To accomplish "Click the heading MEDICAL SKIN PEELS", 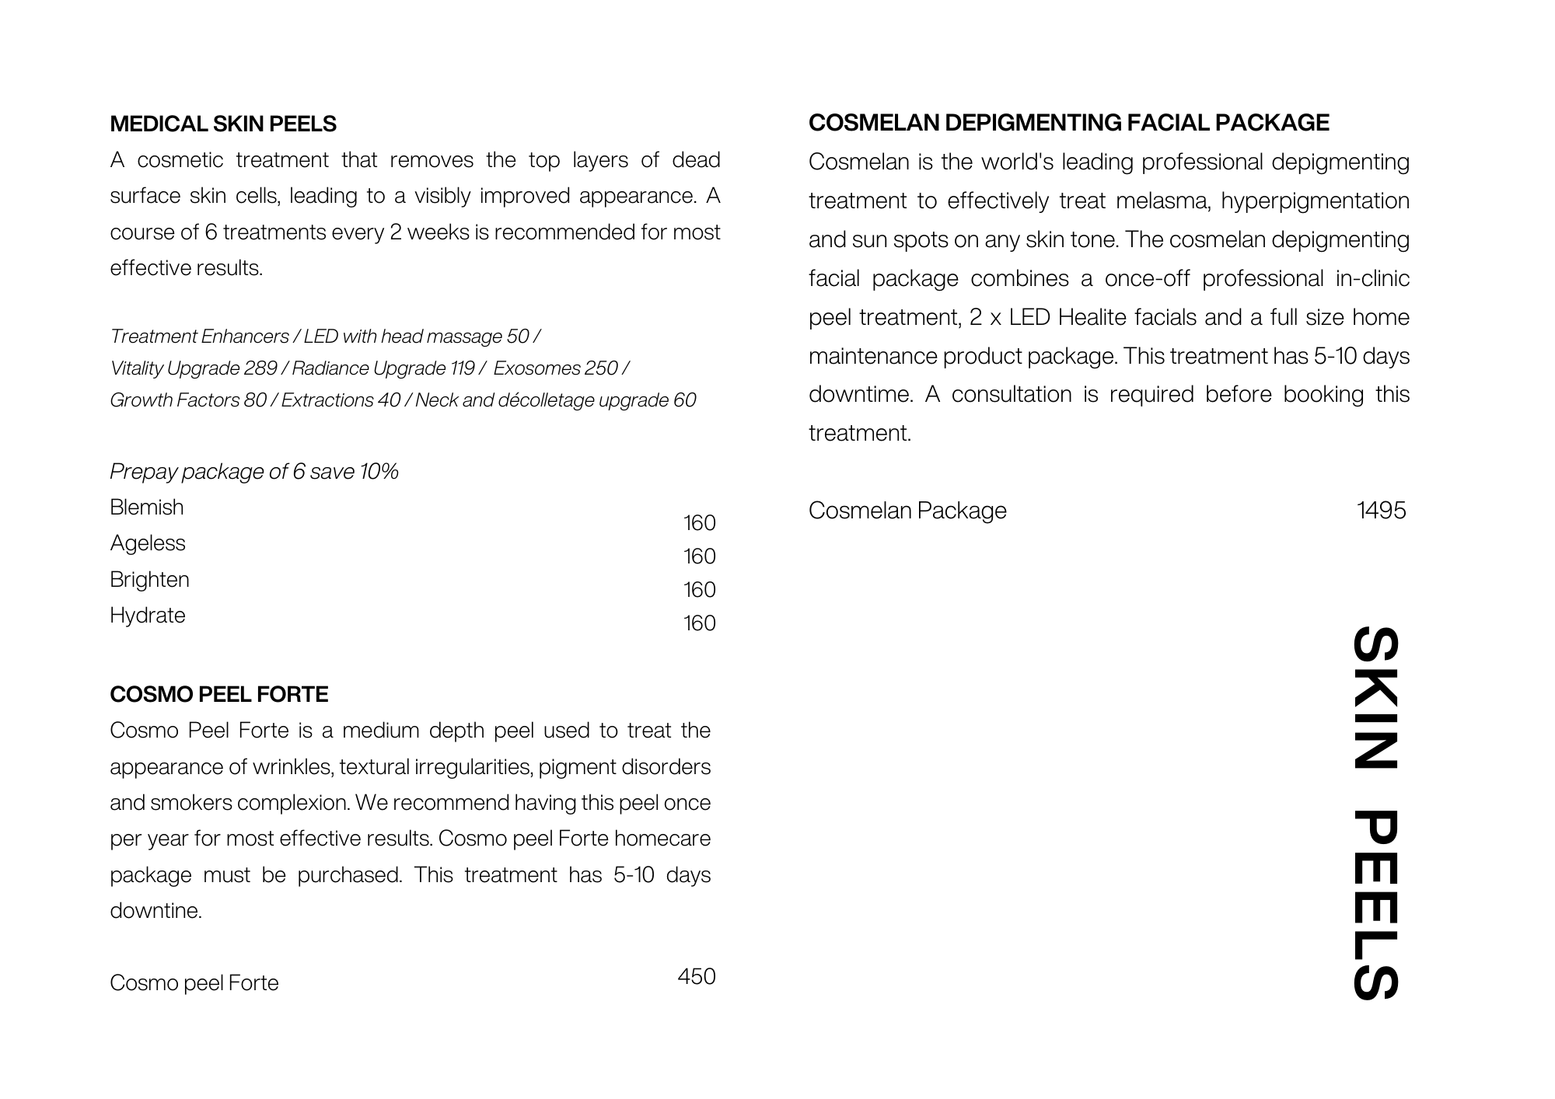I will click(223, 124).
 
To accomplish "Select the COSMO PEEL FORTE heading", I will click(218, 694).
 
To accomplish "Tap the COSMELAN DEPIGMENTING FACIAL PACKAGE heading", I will click(1068, 123).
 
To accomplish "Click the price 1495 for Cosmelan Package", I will click(1381, 511).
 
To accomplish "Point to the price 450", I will click(696, 976).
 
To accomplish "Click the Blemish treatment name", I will click(147, 508).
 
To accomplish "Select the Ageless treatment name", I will click(148, 543).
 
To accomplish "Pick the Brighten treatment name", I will click(149, 580).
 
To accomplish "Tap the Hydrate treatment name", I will click(148, 616).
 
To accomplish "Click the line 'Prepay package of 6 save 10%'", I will click(253, 472).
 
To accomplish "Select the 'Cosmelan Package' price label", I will click(907, 511).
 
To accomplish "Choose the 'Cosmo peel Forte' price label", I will click(194, 983).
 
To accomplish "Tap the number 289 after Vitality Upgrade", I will click(260, 368).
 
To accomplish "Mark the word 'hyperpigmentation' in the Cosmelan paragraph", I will click(1315, 201).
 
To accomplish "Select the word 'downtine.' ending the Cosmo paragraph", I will click(155, 911).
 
